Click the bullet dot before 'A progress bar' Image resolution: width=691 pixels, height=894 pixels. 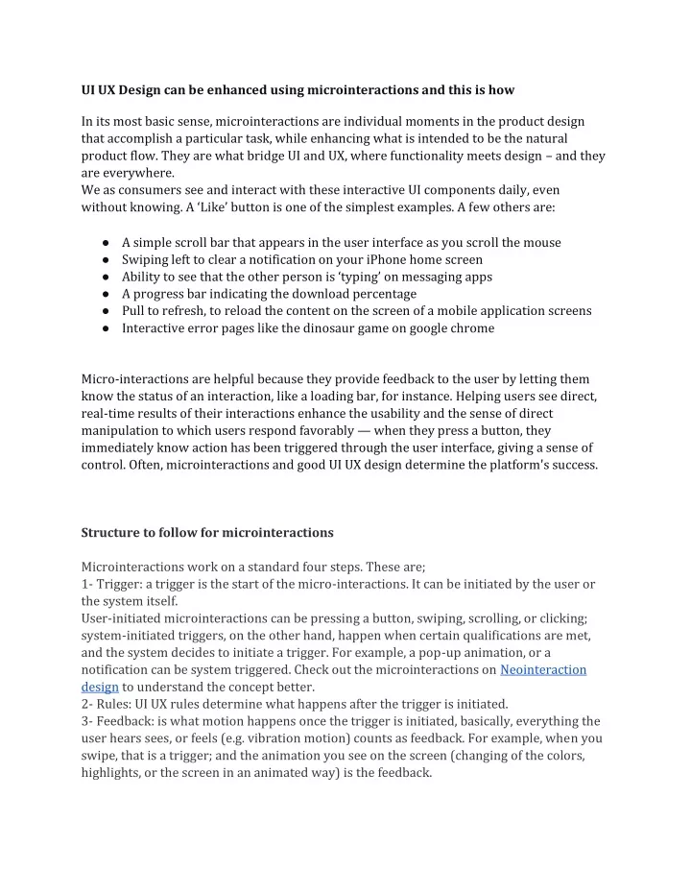tap(103, 294)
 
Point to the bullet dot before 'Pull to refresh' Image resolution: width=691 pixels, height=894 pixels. tap(103, 311)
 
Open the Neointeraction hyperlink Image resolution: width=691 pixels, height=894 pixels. tap(543, 669)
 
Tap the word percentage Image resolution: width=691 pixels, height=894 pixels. tap(382, 294)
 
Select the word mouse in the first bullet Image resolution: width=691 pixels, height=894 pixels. tap(541, 242)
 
